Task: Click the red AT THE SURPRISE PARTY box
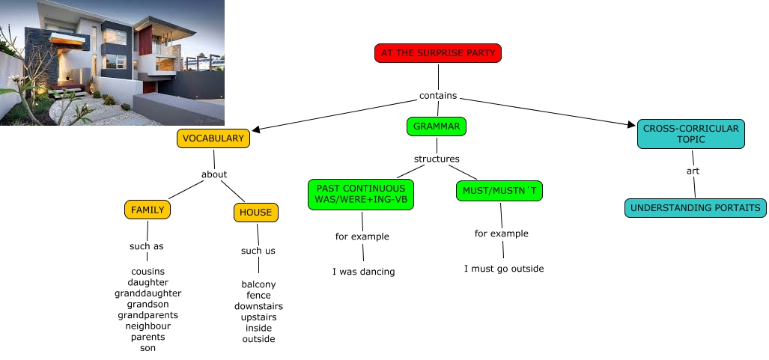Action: [438, 53]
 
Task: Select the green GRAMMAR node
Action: [437, 126]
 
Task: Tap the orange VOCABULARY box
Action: [213, 138]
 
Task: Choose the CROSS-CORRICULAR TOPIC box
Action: [690, 135]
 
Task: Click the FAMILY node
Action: [148, 210]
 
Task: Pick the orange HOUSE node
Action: [256, 213]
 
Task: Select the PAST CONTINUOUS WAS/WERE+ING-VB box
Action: [360, 195]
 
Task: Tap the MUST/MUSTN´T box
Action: [499, 192]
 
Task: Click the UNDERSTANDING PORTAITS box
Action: [696, 208]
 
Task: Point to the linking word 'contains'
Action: [438, 96]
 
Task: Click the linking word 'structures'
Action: [437, 159]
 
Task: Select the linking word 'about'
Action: [214, 174]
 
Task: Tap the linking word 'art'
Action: [693, 171]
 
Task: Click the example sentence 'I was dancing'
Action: [363, 272]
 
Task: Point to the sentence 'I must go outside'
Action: [504, 269]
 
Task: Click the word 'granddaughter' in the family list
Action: [148, 293]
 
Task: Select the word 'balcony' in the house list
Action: [258, 284]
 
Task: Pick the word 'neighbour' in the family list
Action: [148, 326]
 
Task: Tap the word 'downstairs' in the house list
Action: [258, 306]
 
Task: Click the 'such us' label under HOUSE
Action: [258, 251]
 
